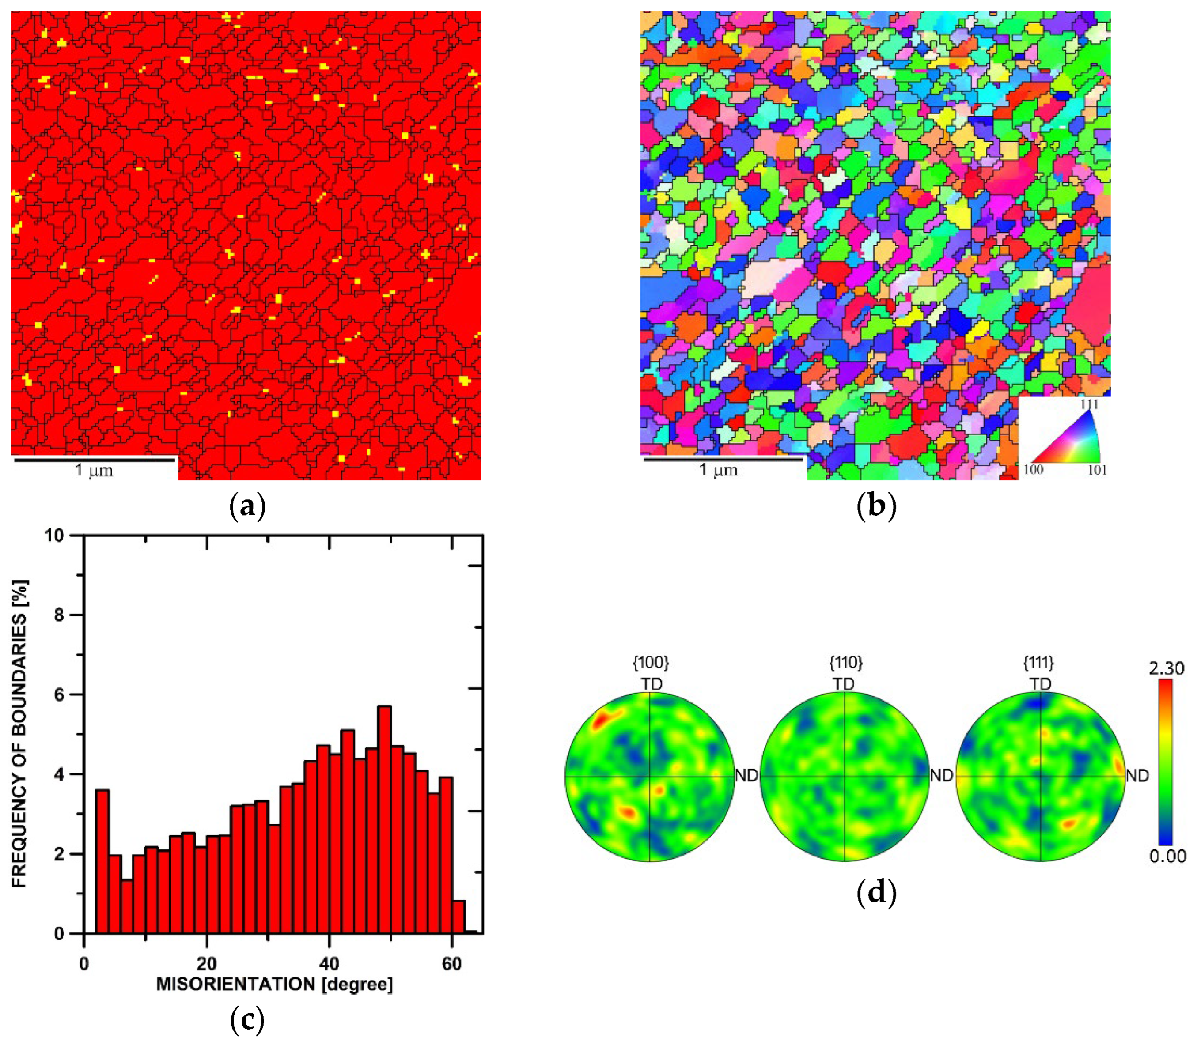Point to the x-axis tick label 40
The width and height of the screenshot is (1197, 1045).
(x=329, y=963)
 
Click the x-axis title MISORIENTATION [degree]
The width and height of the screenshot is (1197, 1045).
(x=274, y=985)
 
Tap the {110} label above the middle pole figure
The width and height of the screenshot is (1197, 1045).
(x=845, y=663)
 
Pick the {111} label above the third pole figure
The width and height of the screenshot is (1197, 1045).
(x=1039, y=663)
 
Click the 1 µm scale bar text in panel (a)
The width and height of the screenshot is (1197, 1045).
(x=94, y=470)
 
